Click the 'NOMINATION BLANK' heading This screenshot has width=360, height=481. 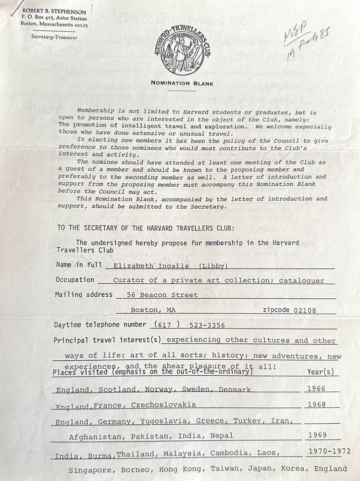tap(182, 83)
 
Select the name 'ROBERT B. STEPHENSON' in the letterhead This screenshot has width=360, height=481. tap(53, 12)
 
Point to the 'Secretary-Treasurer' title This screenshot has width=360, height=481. tap(54, 37)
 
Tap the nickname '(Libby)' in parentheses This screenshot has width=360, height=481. tap(212, 265)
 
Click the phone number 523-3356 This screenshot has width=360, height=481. tap(207, 326)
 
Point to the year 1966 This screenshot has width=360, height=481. tap(315, 389)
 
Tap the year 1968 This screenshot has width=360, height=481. tap(316, 405)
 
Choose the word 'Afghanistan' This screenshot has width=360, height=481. tap(94, 436)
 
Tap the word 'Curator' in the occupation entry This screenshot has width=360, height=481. tap(127, 280)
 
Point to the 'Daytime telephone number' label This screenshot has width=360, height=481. tap(100, 325)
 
